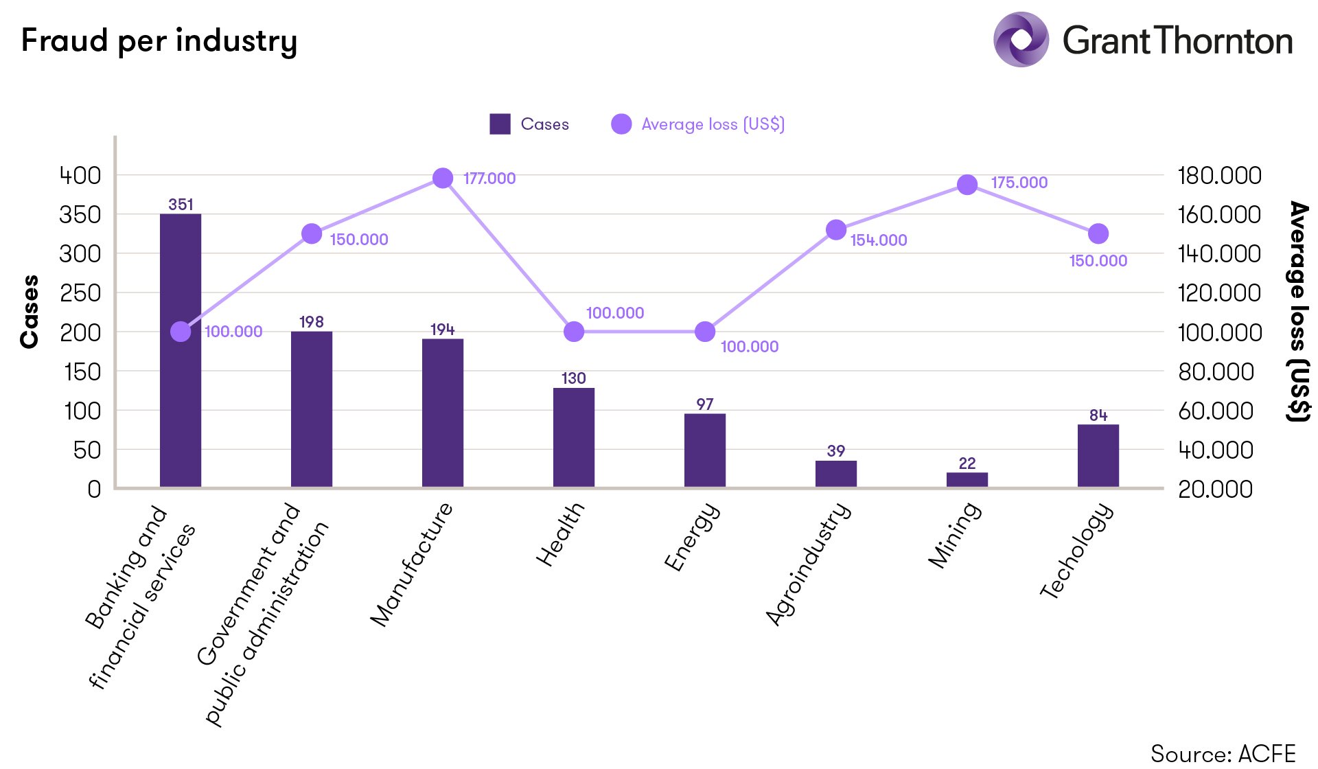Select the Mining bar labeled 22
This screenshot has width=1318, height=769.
967,480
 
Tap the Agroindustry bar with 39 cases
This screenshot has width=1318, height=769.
835,474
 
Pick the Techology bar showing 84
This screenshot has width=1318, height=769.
1098,456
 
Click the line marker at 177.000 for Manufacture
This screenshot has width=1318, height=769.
443,179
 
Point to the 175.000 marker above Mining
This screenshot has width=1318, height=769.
967,185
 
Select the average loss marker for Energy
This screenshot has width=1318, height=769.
705,332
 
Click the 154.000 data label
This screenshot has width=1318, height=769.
879,240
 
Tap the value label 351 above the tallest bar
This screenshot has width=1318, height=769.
181,205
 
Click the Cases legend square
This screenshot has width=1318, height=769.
500,124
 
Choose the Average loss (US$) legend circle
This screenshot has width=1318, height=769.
621,124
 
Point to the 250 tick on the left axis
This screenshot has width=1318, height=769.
80,293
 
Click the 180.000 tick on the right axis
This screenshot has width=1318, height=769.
1219,176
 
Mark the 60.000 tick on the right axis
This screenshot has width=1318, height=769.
1215,411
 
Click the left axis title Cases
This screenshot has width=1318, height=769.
30,312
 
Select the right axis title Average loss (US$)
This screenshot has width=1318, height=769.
1297,312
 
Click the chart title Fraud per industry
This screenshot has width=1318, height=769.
159,41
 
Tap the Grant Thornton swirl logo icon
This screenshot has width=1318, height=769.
1021,40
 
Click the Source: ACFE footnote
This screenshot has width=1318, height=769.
1223,753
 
